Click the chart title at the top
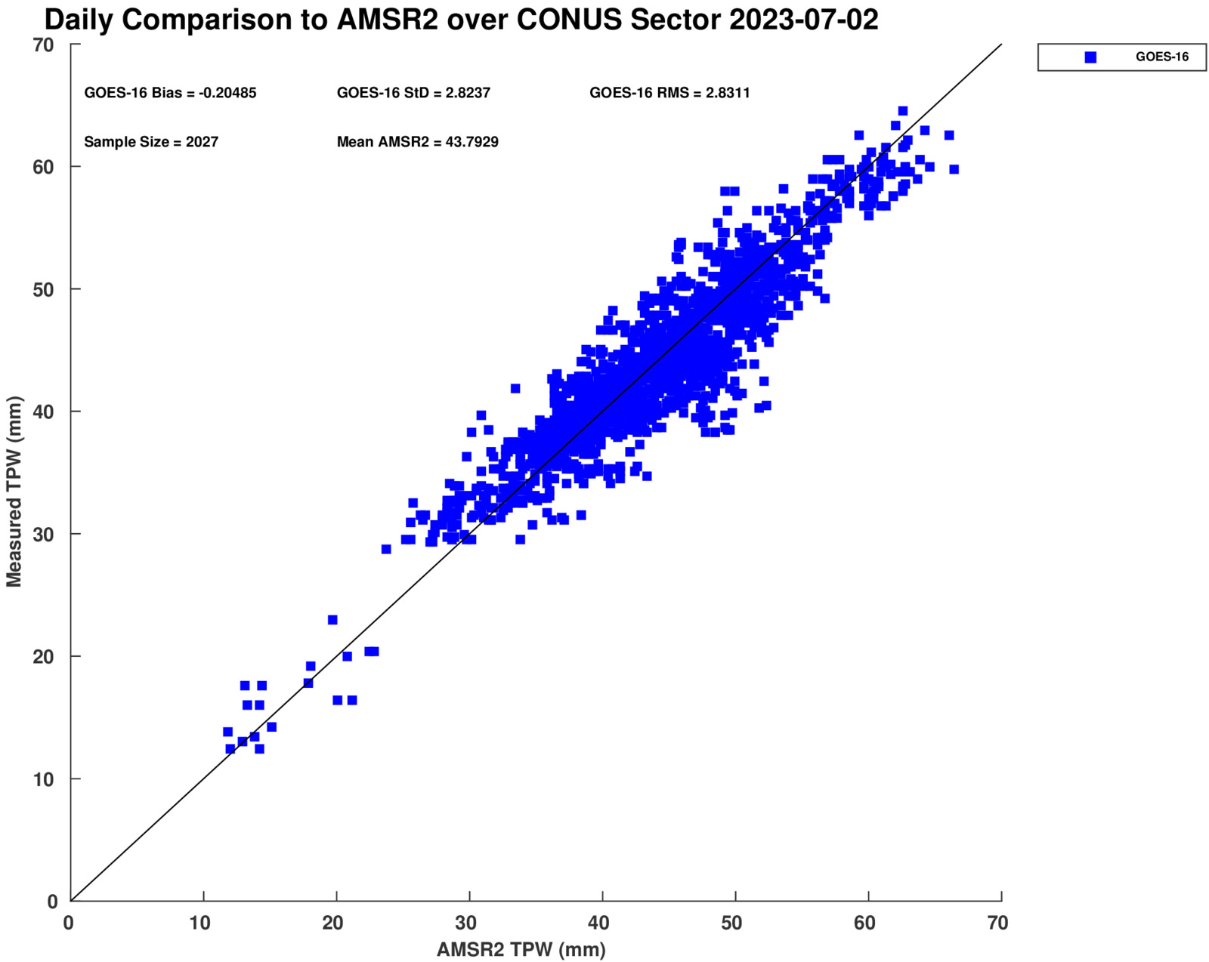(x=461, y=20)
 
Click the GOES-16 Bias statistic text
(x=170, y=93)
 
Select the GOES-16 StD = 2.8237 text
(x=413, y=93)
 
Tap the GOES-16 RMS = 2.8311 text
(x=669, y=93)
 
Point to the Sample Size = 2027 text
(x=151, y=142)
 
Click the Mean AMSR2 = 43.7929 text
(x=417, y=142)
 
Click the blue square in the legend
(x=1090, y=57)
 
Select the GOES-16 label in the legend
(x=1161, y=57)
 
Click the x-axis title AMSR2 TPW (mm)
(x=521, y=949)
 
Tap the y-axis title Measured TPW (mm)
(x=14, y=492)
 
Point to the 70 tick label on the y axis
(x=44, y=45)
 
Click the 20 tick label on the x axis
(x=334, y=923)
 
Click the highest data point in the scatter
(x=902, y=111)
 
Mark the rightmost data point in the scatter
(x=954, y=169)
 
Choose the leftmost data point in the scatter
(x=227, y=732)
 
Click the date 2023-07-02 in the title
(x=803, y=20)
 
